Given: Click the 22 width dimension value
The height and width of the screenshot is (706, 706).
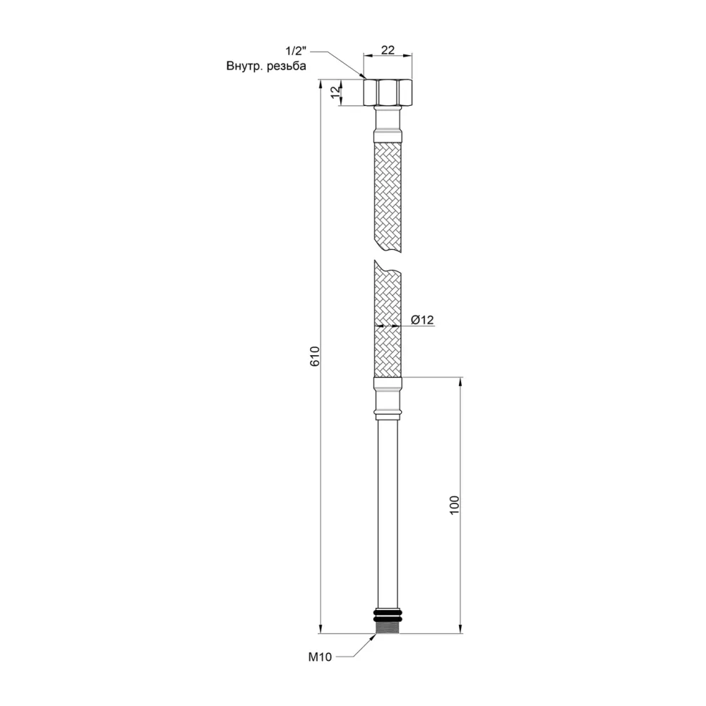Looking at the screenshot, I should [387, 50].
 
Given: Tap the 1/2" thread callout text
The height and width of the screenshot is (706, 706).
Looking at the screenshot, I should [295, 52].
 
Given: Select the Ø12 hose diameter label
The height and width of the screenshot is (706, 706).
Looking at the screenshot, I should [421, 320].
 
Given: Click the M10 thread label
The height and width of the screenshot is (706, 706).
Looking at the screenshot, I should [321, 657].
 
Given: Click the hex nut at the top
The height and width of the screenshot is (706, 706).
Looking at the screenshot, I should [387, 92].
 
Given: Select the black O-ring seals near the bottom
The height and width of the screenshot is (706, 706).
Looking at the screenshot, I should [387, 611].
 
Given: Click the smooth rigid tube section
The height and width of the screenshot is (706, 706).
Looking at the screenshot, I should [387, 508].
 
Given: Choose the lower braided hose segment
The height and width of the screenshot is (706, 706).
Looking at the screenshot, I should [387, 318].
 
